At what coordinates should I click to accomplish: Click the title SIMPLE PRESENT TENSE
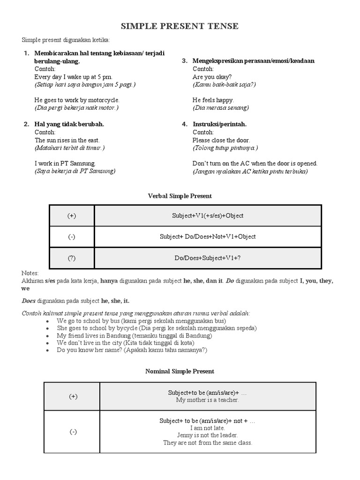pos(180,26)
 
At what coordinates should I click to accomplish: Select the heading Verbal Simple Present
pos(180,196)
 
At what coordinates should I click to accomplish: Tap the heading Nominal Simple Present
pos(180,371)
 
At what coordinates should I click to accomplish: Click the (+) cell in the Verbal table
pos(72,216)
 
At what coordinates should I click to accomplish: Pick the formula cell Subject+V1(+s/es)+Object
pos(208,216)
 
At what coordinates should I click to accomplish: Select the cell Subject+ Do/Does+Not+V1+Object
pos(208,237)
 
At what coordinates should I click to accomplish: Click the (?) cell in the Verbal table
pos(72,258)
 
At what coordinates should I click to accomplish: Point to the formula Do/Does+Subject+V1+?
pos(208,258)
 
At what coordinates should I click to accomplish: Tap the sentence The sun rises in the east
pos(67,140)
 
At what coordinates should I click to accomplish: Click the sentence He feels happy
pos(213,100)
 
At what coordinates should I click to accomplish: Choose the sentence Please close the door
pos(221,140)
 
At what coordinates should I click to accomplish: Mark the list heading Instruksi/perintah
pos(219,124)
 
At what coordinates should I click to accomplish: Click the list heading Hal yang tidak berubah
pos(69,124)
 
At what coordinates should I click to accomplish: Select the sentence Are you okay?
pos(212,77)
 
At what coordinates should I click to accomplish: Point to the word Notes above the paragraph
pos(30,273)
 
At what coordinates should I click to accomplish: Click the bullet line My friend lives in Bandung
pos(134,336)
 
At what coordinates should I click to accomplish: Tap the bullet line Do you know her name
pos(132,350)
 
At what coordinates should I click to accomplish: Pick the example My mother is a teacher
pos(208,400)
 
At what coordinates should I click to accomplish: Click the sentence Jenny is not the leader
pos(208,435)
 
